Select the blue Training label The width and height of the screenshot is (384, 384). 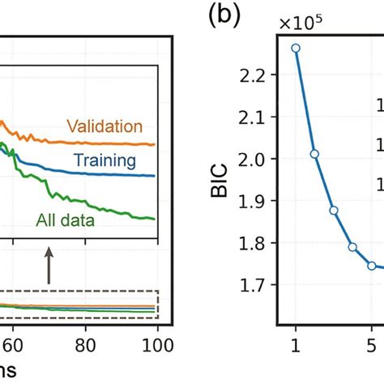(104, 160)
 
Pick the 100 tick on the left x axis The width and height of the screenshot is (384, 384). (152, 345)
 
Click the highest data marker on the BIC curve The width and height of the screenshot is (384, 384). (296, 48)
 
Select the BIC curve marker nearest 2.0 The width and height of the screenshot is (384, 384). (314, 154)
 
